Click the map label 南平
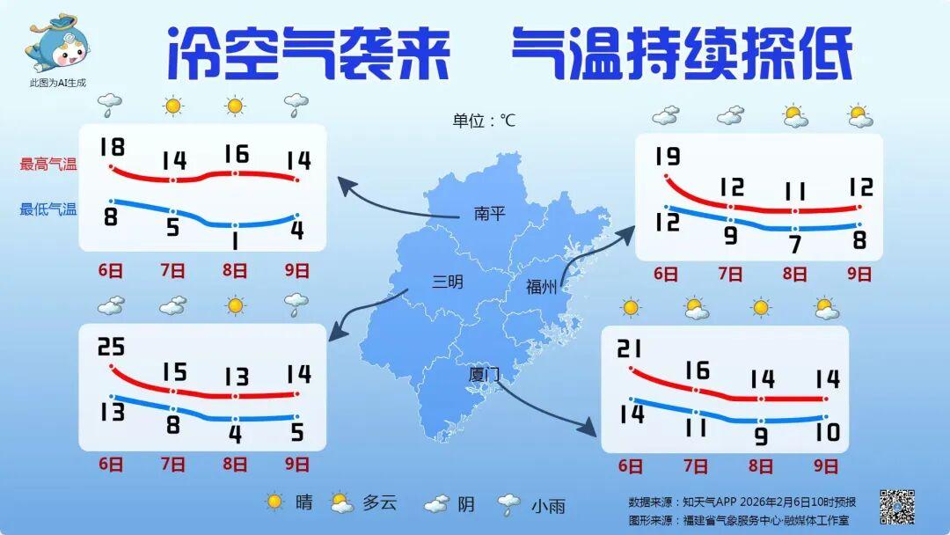pyautogui.click(x=489, y=213)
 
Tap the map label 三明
pyautogui.click(x=447, y=282)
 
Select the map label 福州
pyautogui.click(x=540, y=286)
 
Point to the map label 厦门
pyautogui.click(x=484, y=374)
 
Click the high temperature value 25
pyautogui.click(x=112, y=347)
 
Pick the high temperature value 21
pyautogui.click(x=631, y=349)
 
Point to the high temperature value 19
pyautogui.click(x=668, y=157)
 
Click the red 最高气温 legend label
pyautogui.click(x=48, y=164)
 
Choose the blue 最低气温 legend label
pyautogui.click(x=48, y=209)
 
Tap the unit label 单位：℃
pyautogui.click(x=484, y=121)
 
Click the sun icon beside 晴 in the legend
pyautogui.click(x=275, y=502)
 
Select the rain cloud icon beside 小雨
pyautogui.click(x=508, y=504)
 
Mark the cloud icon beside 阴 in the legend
pyautogui.click(x=437, y=503)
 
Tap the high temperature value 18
pyautogui.click(x=112, y=146)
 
